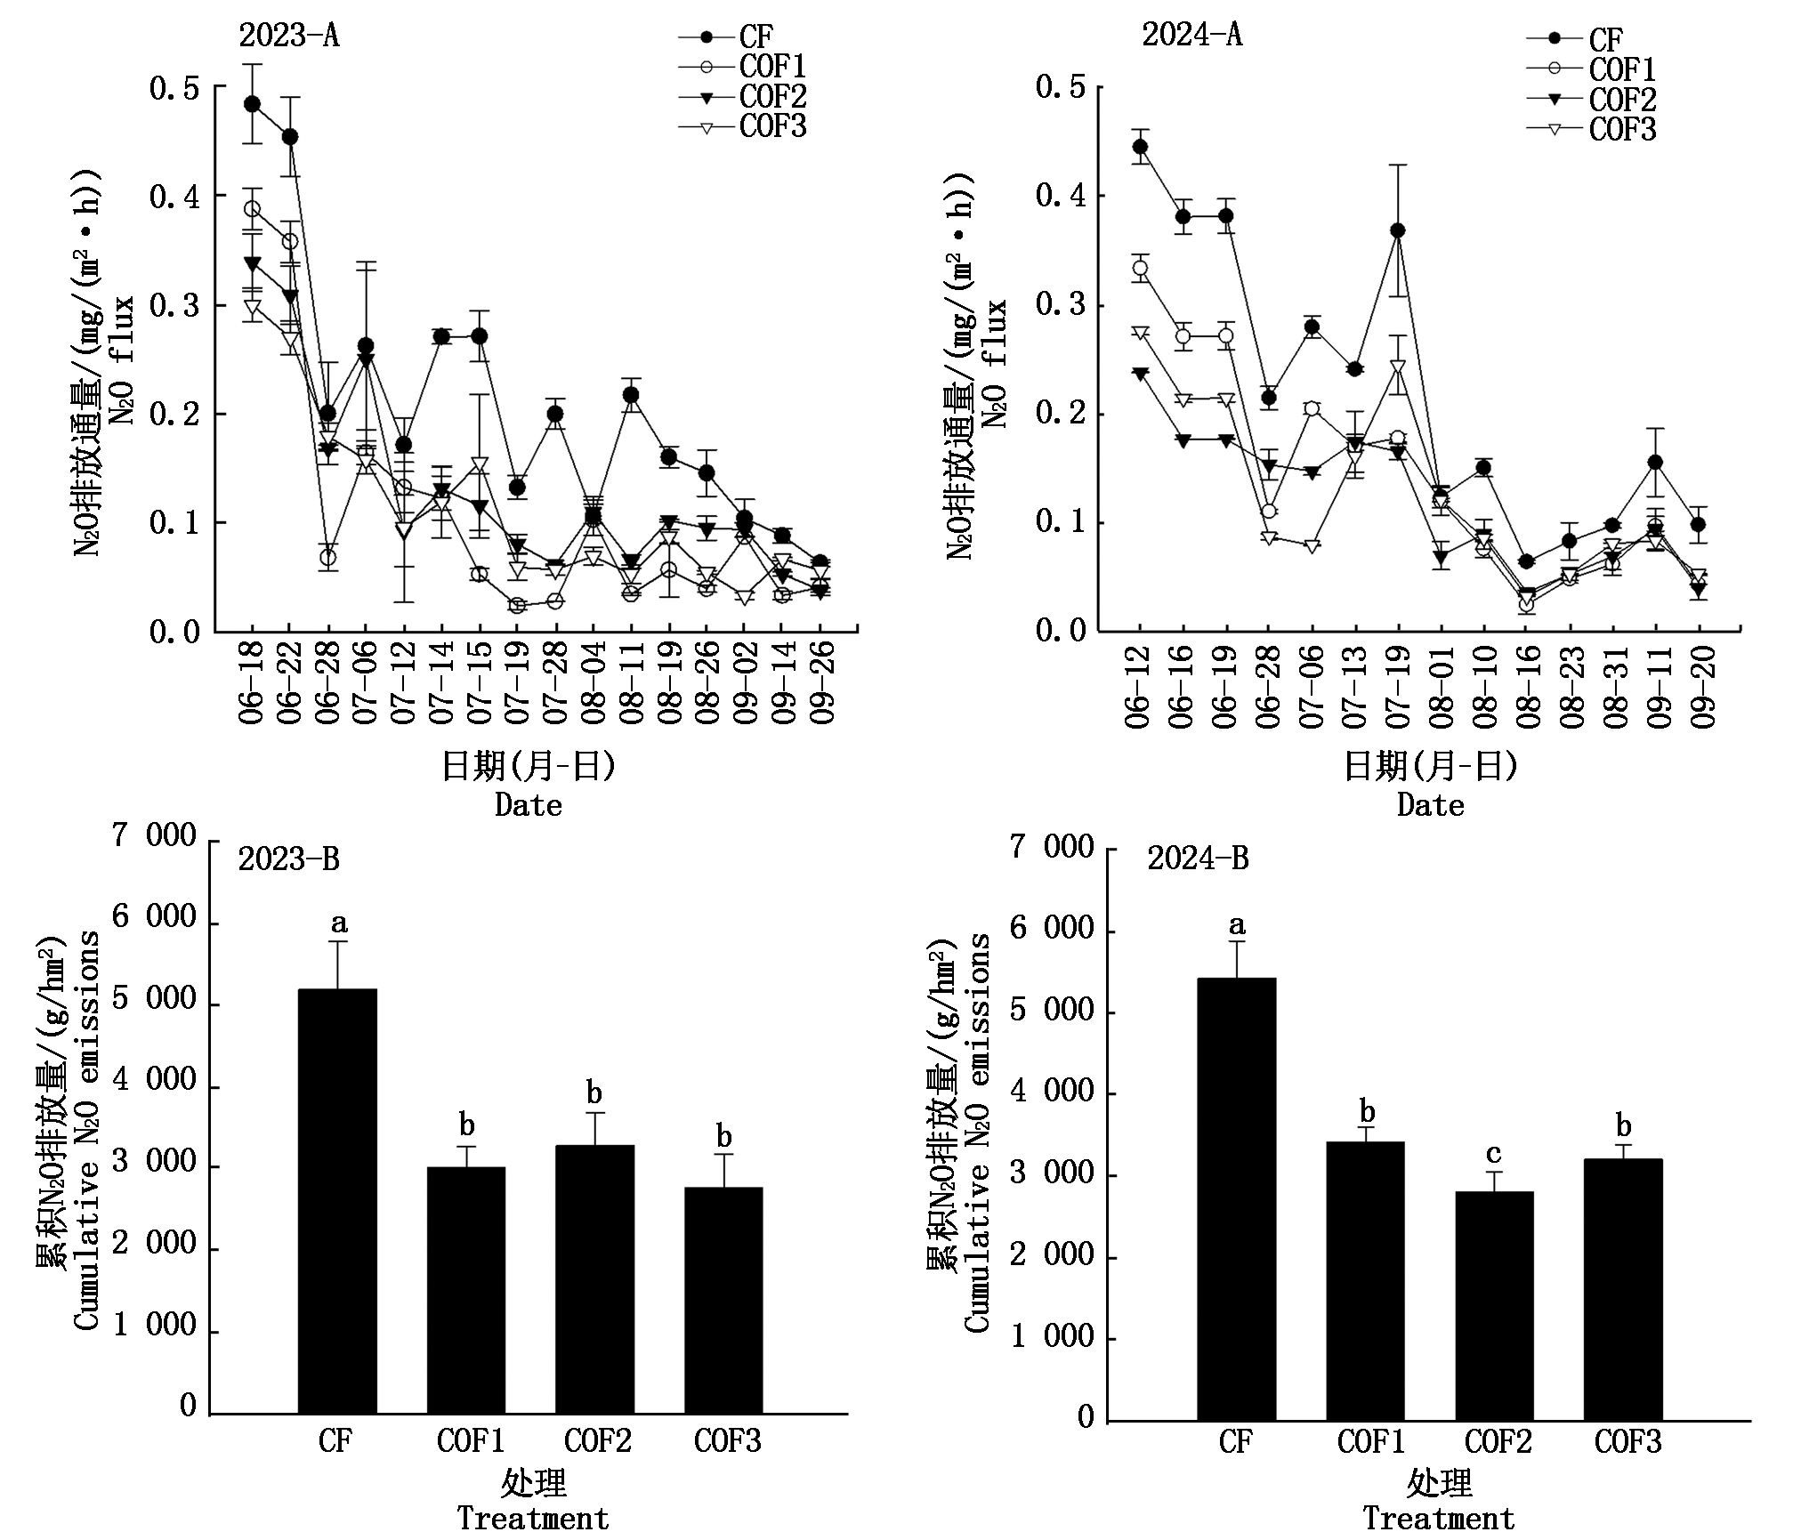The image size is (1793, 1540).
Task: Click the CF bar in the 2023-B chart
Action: point(337,1201)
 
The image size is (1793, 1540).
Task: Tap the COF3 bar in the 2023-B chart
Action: point(723,1301)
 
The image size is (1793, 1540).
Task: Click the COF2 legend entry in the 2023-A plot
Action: point(743,96)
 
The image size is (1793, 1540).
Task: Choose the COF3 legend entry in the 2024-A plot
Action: point(1592,130)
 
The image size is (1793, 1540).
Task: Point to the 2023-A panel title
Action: point(289,36)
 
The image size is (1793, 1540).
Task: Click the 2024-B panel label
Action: point(1198,859)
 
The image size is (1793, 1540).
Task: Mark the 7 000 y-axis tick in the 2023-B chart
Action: point(153,835)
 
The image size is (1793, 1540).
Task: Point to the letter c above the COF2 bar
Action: point(1494,1155)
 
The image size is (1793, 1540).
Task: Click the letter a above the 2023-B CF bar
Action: point(339,923)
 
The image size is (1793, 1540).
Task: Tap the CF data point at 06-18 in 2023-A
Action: point(252,103)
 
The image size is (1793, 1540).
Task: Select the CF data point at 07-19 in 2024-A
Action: point(1397,230)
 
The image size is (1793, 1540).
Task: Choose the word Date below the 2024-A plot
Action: point(1431,805)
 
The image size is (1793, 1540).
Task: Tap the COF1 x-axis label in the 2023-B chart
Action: point(470,1440)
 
